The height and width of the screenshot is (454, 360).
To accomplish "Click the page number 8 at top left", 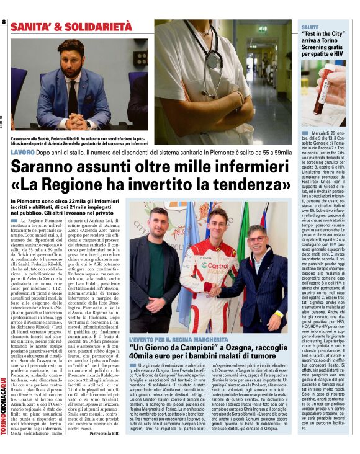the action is (x=4, y=22).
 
